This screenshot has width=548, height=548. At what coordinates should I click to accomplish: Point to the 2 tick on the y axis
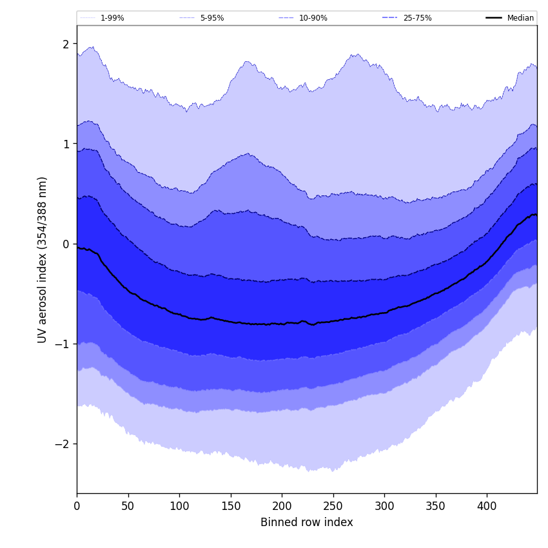tap(66, 44)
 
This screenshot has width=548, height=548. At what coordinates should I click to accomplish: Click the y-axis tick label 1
tap(66, 144)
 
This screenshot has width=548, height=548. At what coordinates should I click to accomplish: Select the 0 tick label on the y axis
tap(66, 244)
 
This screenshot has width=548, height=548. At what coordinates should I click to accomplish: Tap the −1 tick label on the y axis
tap(63, 344)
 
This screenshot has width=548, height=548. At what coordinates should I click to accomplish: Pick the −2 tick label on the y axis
tap(63, 444)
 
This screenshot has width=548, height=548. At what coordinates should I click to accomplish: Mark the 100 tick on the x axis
tap(179, 506)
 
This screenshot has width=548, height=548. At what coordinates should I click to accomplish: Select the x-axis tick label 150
tap(231, 506)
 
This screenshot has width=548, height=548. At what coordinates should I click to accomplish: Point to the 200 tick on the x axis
tap(282, 506)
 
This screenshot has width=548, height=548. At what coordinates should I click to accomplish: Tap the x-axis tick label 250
tap(333, 506)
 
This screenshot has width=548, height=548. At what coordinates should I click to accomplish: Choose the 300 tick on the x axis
tap(384, 506)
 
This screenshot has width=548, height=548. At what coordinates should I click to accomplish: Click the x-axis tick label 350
tap(436, 506)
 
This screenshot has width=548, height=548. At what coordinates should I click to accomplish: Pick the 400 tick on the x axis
tap(487, 506)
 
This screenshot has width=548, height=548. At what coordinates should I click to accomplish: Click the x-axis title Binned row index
tap(307, 522)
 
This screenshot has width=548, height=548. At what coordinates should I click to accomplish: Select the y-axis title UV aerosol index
tap(43, 259)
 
